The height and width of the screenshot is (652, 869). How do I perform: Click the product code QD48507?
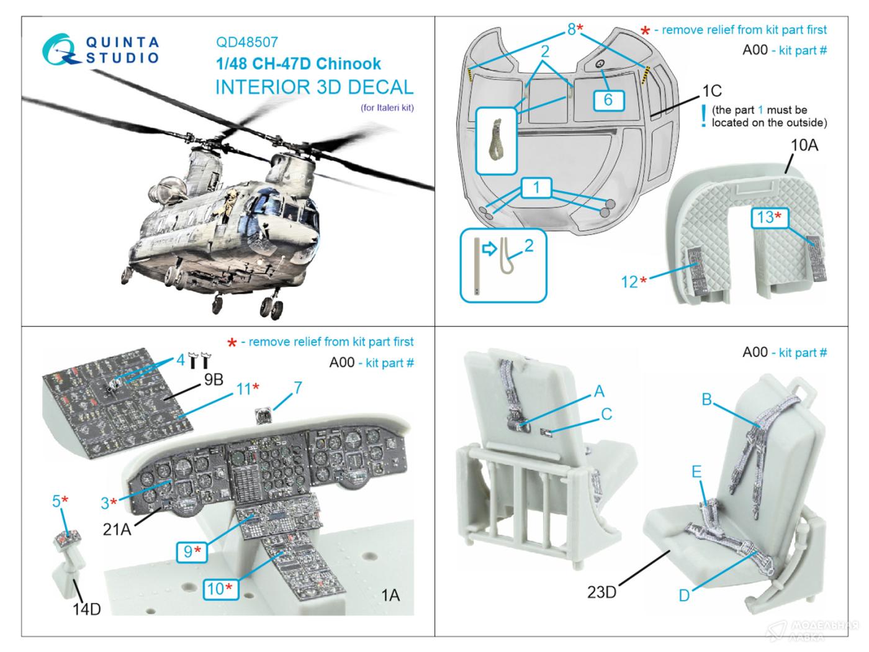click(246, 42)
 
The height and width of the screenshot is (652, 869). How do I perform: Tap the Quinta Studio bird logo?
click(63, 50)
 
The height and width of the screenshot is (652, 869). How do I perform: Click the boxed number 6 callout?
click(608, 100)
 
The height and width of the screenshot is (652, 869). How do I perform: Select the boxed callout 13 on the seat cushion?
click(768, 217)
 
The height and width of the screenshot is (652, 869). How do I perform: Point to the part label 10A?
click(804, 145)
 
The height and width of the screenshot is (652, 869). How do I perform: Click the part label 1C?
click(711, 91)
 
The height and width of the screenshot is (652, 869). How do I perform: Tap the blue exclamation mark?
click(703, 116)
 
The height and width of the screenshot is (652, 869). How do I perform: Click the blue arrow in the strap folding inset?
click(490, 250)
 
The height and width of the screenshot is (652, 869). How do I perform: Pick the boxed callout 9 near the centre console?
click(191, 550)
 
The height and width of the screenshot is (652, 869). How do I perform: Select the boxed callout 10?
click(218, 587)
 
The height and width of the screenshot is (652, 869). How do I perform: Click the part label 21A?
click(117, 528)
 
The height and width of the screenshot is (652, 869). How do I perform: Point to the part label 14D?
click(86, 609)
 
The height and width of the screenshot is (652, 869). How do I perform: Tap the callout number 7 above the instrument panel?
click(298, 388)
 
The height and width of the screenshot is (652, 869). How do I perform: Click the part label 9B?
click(213, 379)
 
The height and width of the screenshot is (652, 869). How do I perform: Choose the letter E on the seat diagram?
click(696, 472)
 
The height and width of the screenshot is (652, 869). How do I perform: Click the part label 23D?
click(601, 592)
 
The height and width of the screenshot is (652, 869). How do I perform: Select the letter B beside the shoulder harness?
click(706, 399)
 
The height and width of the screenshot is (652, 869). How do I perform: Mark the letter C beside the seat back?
click(606, 414)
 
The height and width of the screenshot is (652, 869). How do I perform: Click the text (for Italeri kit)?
click(387, 107)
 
